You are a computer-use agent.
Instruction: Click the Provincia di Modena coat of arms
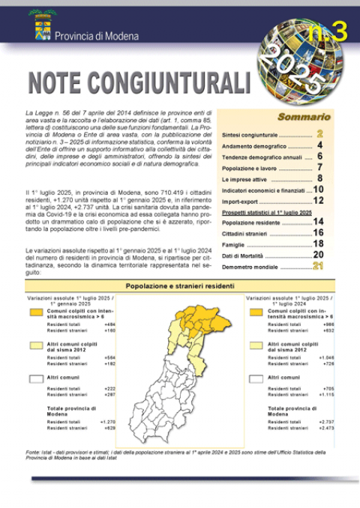(x=40, y=28)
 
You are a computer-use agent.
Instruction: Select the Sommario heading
(x=304, y=117)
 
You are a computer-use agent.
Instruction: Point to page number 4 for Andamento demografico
(x=320, y=145)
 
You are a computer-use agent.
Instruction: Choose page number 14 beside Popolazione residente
(x=318, y=222)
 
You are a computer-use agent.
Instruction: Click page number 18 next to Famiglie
(x=318, y=244)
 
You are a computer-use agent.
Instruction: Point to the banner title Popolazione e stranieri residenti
(x=179, y=286)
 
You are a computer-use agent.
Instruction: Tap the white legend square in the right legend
(x=256, y=377)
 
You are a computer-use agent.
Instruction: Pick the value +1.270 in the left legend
(x=108, y=421)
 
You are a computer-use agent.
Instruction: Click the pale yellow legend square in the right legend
(x=256, y=345)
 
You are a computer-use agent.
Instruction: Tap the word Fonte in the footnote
(x=33, y=452)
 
